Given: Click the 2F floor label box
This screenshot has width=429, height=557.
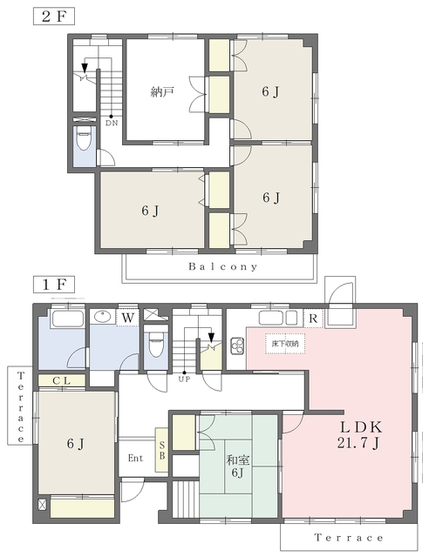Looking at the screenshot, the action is (54, 17).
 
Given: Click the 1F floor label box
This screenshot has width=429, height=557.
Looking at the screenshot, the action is (54, 285).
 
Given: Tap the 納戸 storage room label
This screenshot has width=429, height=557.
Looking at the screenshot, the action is (162, 92).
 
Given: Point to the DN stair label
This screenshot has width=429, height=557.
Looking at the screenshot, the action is (112, 124).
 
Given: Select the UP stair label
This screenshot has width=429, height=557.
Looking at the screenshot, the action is (184, 379).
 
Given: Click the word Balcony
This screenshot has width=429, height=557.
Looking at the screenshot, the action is (223, 266).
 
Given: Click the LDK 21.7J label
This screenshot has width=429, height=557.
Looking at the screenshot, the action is (359, 434).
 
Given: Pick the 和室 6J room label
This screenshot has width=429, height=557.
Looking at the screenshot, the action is (238, 466).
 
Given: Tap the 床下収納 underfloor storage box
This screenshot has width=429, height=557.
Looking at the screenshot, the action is (285, 344).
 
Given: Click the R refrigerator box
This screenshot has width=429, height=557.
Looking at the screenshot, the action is (313, 319).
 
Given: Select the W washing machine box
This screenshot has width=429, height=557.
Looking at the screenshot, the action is (127, 317).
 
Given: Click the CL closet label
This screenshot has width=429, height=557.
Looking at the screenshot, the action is (62, 381).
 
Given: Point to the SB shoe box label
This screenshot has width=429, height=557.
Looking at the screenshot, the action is (162, 450).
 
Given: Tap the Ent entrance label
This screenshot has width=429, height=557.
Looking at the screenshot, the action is (136, 458).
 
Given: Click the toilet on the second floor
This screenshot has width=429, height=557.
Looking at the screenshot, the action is (84, 138).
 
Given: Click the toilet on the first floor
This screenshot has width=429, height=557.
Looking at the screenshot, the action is (156, 344).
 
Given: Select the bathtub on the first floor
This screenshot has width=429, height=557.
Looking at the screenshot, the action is (68, 319).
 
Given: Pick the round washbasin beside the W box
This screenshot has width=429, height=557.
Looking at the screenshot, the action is (104, 316).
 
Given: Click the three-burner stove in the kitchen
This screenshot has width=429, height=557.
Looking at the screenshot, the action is (237, 346).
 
